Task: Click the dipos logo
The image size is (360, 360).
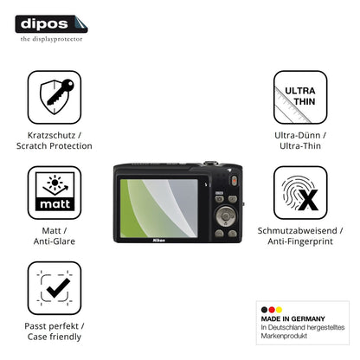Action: click(51, 24)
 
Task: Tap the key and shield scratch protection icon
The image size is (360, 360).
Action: click(55, 97)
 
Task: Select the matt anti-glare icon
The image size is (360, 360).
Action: click(55, 193)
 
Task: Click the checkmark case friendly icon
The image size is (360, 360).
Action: click(55, 288)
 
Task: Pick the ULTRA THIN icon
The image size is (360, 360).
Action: click(300, 97)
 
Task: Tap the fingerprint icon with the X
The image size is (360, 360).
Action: click(300, 193)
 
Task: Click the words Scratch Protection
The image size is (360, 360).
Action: click(55, 146)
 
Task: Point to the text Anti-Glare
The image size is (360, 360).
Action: click(55, 241)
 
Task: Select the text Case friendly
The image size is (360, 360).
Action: click(55, 337)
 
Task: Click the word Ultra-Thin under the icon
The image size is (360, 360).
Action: click(300, 146)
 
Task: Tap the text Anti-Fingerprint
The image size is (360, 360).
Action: click(300, 241)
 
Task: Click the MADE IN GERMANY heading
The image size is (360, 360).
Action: click(292, 318)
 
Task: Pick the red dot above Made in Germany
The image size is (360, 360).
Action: click(272, 310)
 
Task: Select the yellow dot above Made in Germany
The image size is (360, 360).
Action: click(279, 310)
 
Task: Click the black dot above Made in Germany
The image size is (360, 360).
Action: click(264, 310)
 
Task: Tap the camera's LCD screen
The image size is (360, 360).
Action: click(159, 209)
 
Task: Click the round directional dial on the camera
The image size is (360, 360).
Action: click(226, 216)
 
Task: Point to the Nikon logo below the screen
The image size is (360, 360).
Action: click(159, 241)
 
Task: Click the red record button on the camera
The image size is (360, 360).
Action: click(235, 181)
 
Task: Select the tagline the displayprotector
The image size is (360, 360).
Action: click(51, 39)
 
